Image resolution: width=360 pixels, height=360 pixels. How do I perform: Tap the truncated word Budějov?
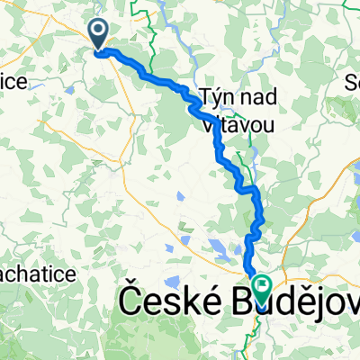pyautogui.click(x=292, y=302)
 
